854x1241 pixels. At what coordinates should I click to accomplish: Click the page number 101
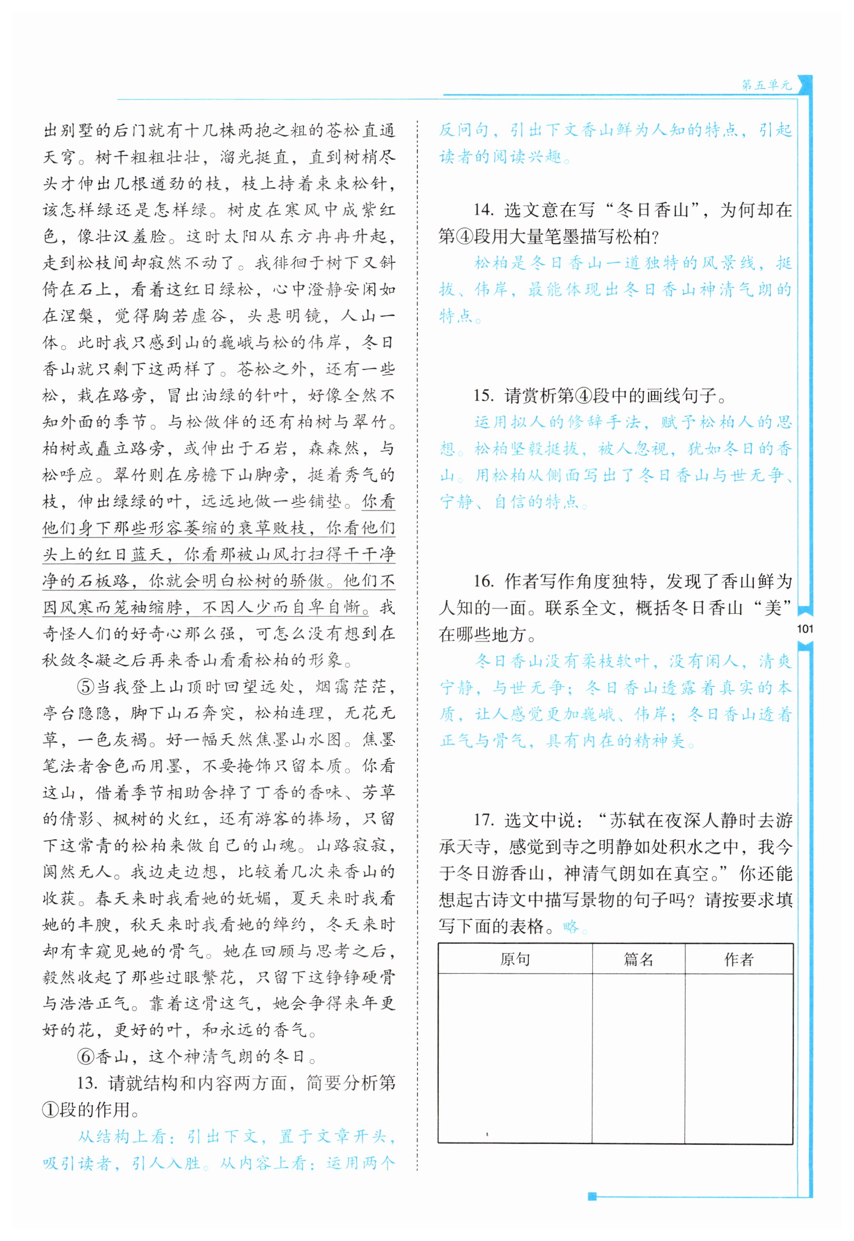805,629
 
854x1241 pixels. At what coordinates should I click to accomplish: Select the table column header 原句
515,959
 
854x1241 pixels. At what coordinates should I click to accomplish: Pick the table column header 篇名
638,959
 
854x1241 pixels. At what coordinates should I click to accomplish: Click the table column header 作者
739,959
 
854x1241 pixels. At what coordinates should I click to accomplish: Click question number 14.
483,211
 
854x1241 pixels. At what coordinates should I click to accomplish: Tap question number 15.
483,395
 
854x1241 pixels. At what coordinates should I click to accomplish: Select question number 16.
483,581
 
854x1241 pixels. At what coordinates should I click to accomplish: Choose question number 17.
483,820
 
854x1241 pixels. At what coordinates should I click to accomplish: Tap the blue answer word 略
571,927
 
